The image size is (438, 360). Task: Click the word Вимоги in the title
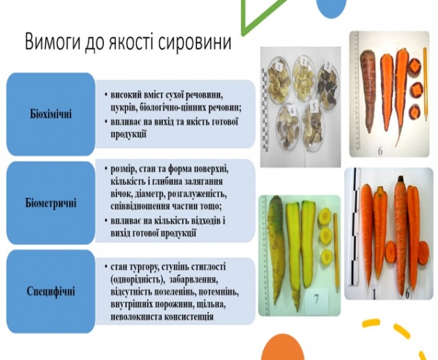point(52,42)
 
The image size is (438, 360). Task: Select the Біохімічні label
point(51,114)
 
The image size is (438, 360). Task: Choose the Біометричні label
point(51,203)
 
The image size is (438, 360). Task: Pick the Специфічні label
point(51,292)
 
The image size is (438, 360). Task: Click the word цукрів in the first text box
point(122,108)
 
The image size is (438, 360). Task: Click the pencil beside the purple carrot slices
point(425,83)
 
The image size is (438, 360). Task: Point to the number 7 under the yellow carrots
point(316,299)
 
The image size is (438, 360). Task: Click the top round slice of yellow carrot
point(325,216)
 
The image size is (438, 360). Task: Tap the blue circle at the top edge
point(331,8)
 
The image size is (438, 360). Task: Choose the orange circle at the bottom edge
point(283,349)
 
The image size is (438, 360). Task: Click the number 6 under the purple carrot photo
point(381,151)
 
